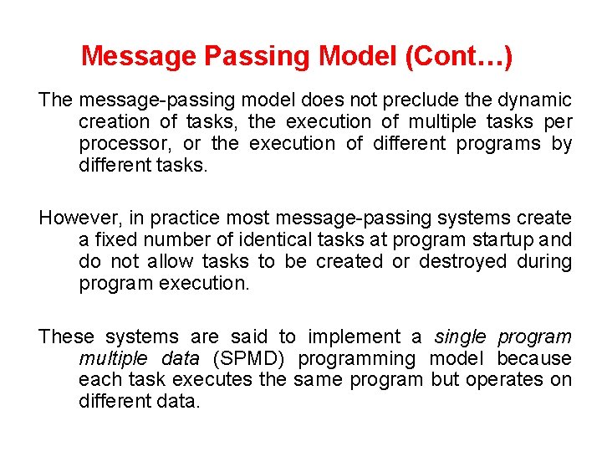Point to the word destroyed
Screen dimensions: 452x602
[462, 262]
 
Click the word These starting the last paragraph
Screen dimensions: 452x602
[67, 337]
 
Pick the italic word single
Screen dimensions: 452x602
[459, 337]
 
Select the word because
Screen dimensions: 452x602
[534, 359]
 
